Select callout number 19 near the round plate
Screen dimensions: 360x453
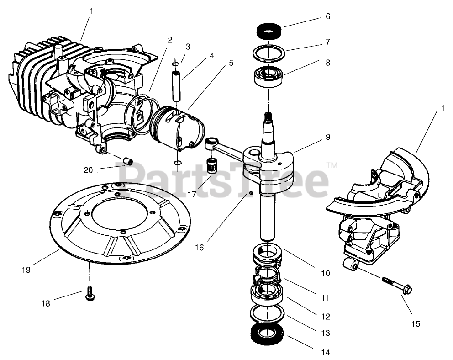(26, 270)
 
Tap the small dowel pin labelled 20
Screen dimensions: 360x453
(129, 161)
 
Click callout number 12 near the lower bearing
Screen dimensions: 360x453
(325, 316)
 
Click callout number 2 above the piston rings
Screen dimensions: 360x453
(170, 40)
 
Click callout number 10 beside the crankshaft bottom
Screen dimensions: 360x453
(325, 273)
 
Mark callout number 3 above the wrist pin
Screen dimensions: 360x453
(188, 46)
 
